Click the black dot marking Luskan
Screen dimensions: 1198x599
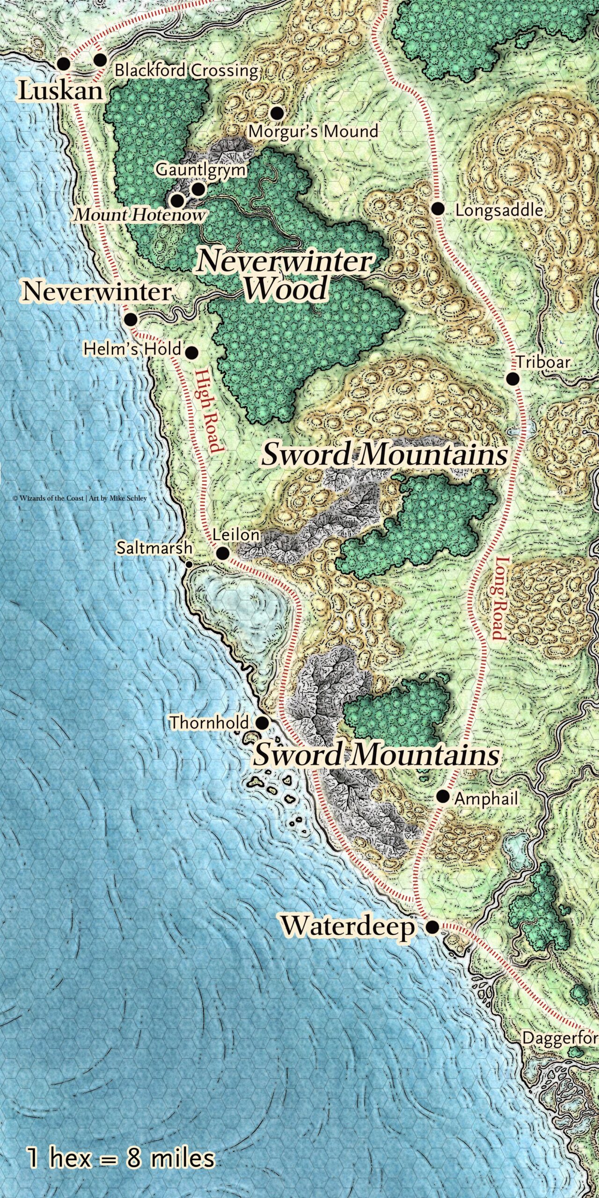pos(63,64)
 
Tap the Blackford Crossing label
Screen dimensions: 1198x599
pos(186,71)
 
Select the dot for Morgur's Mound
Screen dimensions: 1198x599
pos(277,112)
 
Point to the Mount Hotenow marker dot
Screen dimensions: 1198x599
pos(177,201)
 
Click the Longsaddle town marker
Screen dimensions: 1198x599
pos(438,209)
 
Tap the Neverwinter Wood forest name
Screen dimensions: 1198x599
pos(285,275)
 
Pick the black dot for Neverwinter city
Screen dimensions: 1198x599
pos(131,320)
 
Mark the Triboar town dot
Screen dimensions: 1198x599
pos(513,379)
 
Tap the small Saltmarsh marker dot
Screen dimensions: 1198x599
pos(189,565)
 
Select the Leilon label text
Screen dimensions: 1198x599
pos(236,535)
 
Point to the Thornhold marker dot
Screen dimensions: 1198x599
pos(263,723)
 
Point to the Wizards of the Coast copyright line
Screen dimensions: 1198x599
pos(80,498)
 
